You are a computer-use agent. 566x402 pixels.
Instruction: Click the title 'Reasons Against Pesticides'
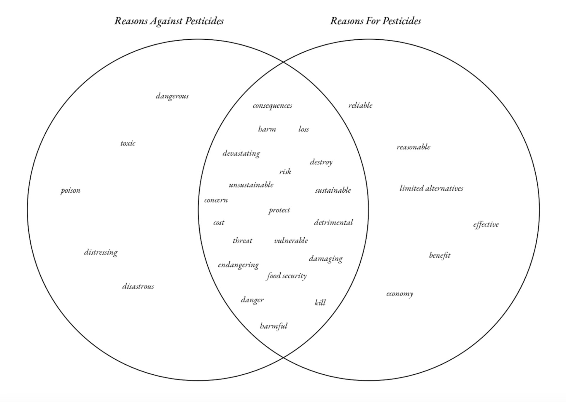(169, 21)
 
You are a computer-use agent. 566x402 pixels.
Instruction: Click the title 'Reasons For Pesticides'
(376, 21)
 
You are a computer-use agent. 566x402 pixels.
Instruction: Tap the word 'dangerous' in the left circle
(172, 96)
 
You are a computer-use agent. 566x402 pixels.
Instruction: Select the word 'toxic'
(128, 143)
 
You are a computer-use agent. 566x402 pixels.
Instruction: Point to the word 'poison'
(70, 190)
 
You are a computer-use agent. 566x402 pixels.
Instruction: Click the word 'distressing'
(101, 252)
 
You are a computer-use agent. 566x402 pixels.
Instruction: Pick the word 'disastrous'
(138, 286)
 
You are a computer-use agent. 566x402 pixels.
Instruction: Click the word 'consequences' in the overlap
(272, 106)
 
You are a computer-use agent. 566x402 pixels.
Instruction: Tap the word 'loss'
(303, 129)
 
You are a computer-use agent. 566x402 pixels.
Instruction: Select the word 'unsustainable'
(251, 185)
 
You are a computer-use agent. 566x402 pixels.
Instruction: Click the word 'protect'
(279, 210)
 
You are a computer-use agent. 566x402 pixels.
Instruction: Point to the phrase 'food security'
(287, 276)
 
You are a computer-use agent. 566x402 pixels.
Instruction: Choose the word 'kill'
(320, 303)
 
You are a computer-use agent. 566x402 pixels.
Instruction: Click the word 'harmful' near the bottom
(274, 326)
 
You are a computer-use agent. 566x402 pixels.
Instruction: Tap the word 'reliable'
(360, 105)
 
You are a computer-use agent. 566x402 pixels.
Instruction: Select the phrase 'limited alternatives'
(431, 188)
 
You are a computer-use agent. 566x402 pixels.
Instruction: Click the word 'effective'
(486, 224)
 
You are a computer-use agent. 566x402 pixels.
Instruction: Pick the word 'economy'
(400, 294)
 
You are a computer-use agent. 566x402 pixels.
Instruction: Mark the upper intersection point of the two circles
(283, 62)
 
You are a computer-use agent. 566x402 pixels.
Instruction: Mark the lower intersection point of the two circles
(283, 358)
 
